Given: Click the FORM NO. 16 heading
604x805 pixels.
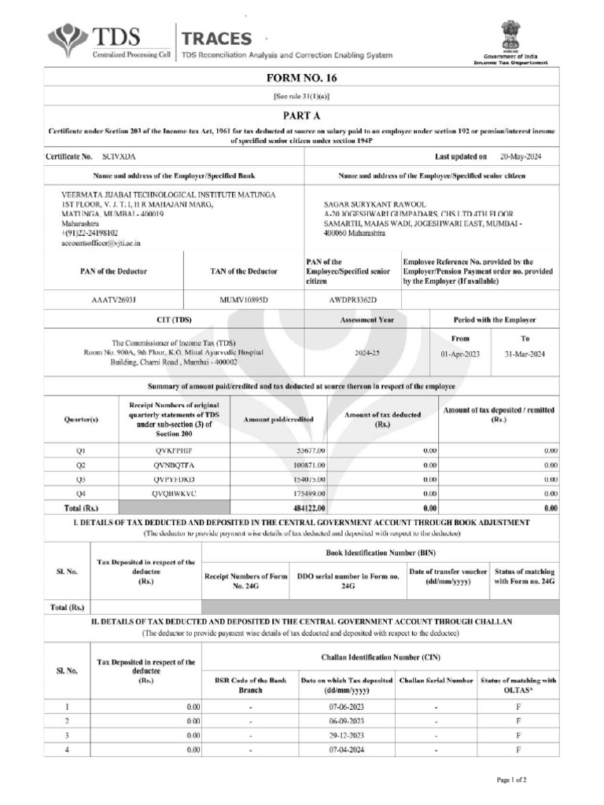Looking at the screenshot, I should click(301, 78).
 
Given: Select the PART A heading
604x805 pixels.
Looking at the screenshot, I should click(301, 115).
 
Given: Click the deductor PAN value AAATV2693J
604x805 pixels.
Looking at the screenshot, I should click(114, 300).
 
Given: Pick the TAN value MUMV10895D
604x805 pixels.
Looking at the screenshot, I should click(243, 300).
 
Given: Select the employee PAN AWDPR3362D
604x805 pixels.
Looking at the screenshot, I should click(352, 300).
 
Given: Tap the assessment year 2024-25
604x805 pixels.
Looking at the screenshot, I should click(366, 354).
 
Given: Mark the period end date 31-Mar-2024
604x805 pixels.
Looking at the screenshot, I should click(525, 354).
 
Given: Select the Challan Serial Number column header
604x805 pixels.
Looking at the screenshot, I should click(436, 680).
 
